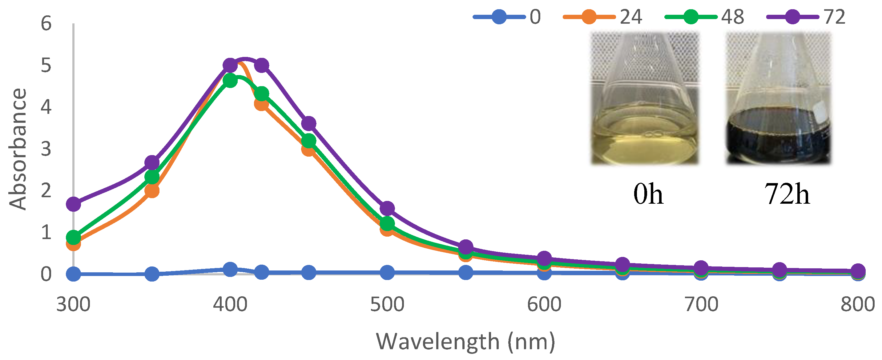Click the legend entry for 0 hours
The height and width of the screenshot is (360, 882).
click(507, 16)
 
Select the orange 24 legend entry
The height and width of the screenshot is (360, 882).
click(602, 16)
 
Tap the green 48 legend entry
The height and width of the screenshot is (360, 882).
click(704, 16)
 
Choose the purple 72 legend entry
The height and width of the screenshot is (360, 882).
click(806, 16)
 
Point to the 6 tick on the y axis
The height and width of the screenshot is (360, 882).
click(46, 24)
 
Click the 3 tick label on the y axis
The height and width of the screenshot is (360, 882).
click(46, 149)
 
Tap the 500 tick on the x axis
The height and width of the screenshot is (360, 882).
click(387, 304)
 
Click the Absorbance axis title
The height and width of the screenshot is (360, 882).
click(18, 149)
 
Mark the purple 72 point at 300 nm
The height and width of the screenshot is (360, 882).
click(73, 204)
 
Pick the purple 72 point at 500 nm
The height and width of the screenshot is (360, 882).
click(387, 208)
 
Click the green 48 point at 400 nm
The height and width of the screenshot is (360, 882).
click(230, 81)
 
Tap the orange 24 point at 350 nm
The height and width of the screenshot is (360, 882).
click(152, 190)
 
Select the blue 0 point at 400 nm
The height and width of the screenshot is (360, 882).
click(230, 269)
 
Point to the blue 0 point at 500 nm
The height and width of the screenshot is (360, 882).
click(387, 272)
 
